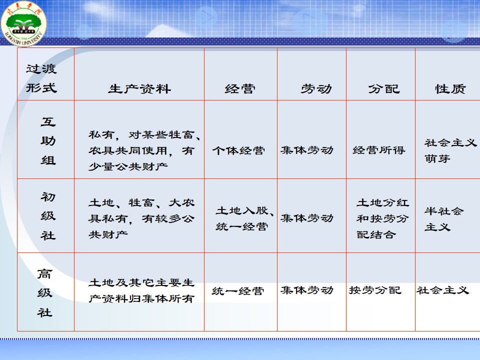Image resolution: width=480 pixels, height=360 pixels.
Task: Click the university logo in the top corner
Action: click(x=23, y=23)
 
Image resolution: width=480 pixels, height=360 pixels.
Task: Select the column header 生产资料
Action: click(x=139, y=89)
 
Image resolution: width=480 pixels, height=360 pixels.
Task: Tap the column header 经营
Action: click(x=240, y=89)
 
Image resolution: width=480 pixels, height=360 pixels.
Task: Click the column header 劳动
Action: click(x=316, y=89)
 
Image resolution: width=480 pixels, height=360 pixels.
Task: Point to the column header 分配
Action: click(x=384, y=89)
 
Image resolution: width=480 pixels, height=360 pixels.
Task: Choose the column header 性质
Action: click(x=450, y=89)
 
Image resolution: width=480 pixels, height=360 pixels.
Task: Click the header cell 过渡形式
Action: click(x=41, y=78)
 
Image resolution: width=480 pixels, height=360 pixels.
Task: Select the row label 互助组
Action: click(x=48, y=141)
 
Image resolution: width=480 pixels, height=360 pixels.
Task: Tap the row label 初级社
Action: click(x=48, y=216)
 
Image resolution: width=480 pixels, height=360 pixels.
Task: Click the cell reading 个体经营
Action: click(x=238, y=150)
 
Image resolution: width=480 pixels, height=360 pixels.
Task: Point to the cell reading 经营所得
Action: click(x=378, y=150)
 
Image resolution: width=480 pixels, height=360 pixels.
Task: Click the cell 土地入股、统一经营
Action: click(x=244, y=218)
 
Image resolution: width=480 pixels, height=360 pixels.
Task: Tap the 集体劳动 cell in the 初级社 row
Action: click(x=306, y=218)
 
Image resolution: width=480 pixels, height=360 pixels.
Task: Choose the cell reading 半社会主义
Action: click(x=444, y=219)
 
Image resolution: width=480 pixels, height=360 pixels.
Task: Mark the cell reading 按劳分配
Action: click(x=375, y=290)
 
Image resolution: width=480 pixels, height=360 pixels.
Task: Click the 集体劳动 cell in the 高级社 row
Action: click(x=306, y=290)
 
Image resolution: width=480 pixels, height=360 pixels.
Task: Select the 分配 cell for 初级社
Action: click(x=382, y=218)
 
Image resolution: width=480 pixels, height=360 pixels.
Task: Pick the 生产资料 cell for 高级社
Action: click(x=141, y=290)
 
